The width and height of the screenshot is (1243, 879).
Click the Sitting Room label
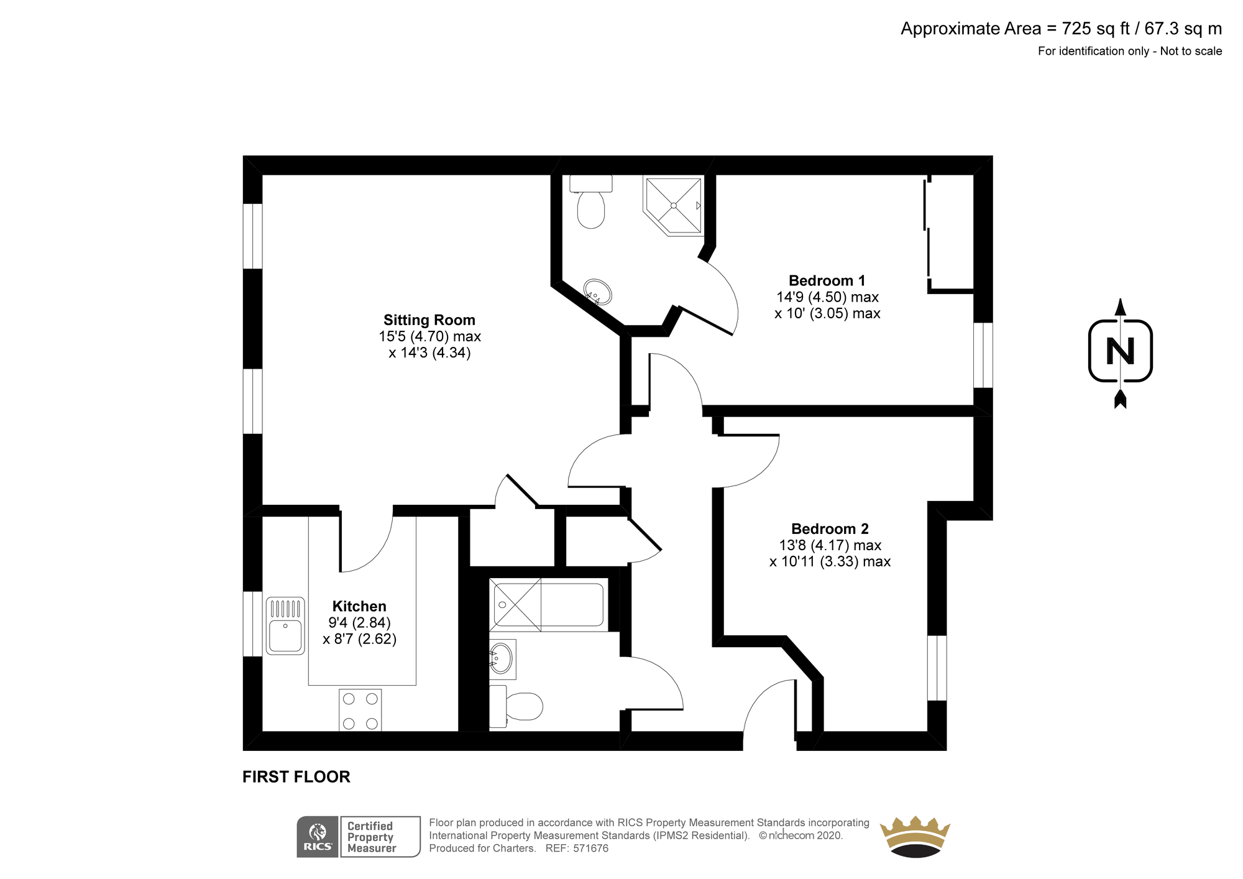[429, 320]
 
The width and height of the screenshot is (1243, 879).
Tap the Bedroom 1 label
[827, 281]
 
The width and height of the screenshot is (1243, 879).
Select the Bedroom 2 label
[830, 529]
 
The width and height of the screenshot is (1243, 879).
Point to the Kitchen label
[359, 606]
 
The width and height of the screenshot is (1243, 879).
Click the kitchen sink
[285, 626]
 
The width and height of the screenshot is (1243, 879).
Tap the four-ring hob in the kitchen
[360, 711]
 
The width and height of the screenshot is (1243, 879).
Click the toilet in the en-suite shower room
[591, 201]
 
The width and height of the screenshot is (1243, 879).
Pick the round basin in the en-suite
[597, 292]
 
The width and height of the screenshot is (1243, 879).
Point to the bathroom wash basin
[502, 659]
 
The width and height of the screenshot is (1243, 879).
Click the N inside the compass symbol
[1121, 352]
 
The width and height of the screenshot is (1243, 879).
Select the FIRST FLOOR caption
[296, 777]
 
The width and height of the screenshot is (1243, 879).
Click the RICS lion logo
[318, 837]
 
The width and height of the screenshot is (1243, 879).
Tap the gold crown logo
[915, 837]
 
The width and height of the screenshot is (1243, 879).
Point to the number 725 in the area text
[1075, 29]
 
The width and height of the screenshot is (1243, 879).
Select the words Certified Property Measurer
[372, 837]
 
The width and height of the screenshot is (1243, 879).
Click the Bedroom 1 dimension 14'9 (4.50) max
[827, 297]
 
